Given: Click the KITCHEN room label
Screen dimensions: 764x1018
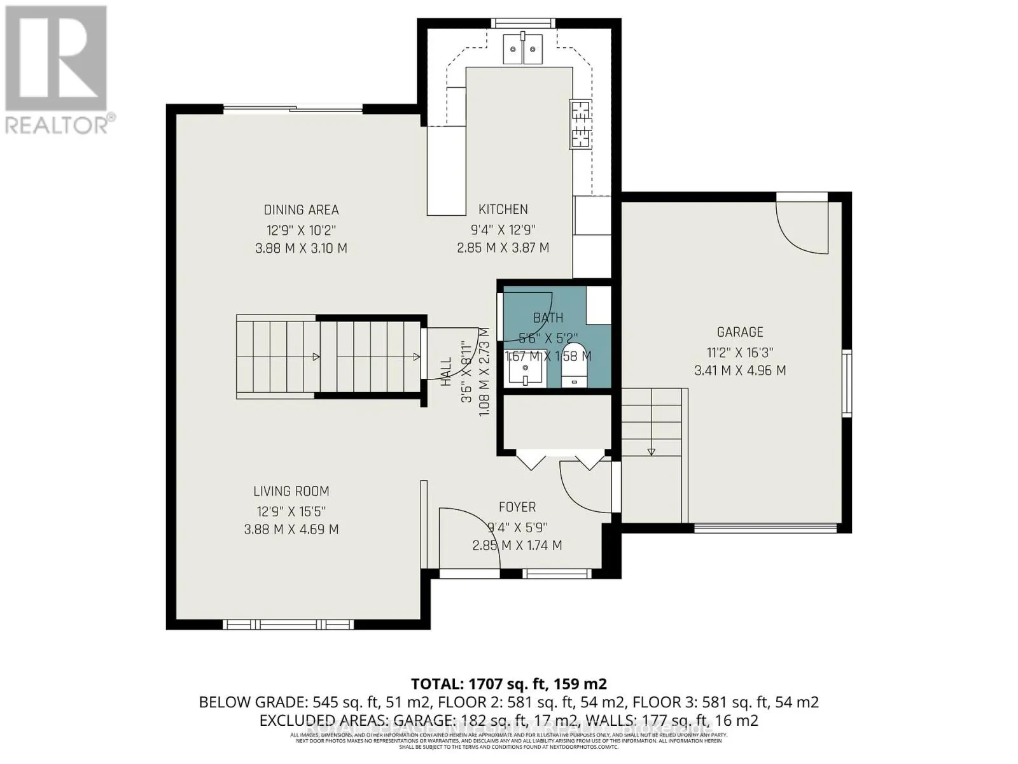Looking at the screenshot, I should tap(503, 209).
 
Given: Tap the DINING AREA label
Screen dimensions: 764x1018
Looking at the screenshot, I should tap(301, 209).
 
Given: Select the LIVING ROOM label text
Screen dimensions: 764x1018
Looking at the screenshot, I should tap(291, 491).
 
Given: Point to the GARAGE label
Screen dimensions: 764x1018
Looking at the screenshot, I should tap(739, 332).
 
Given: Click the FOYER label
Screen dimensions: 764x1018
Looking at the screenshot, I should tap(517, 507).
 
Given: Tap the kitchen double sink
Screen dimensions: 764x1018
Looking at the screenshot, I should tap(522, 48).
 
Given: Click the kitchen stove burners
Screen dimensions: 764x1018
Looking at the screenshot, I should tap(580, 124).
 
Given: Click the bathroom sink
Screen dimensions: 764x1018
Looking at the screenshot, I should tap(526, 370).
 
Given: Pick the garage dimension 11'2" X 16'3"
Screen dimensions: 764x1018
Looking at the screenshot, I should tap(739, 351).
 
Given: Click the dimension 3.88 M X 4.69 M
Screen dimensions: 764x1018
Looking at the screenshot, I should tap(291, 529).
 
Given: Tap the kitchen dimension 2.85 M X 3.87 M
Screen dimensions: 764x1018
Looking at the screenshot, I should tap(503, 248).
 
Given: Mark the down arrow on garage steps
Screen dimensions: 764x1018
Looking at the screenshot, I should tap(651, 451).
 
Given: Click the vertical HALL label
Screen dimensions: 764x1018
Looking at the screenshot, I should tap(446, 371).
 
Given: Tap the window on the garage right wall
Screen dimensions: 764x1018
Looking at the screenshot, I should tap(847, 383).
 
